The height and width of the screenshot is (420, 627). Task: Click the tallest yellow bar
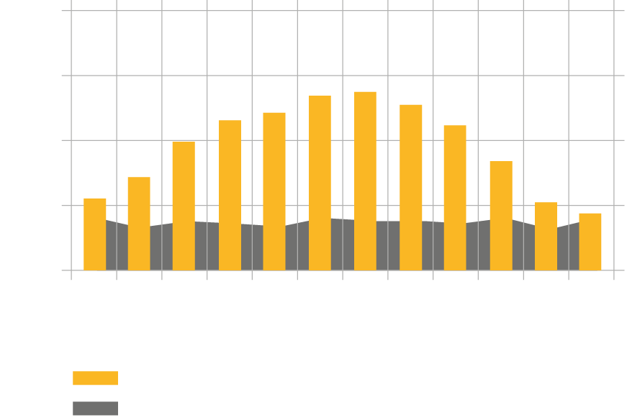365,180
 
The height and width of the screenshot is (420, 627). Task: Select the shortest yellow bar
590,241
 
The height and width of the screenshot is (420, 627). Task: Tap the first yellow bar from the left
95,234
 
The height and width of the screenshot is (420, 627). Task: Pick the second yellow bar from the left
139,223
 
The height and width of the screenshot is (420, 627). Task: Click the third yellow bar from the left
184,206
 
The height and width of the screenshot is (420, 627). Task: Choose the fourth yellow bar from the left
230,195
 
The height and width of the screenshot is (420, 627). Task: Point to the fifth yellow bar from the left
274,191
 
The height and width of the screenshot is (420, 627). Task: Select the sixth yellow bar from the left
320,183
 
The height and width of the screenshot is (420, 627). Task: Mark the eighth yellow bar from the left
411,187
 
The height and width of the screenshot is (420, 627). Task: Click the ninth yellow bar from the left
455,198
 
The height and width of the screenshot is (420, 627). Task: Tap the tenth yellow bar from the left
501,216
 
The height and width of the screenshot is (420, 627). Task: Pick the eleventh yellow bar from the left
546,236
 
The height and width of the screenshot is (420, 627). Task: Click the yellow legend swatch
95,378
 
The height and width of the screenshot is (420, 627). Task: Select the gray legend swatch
95,408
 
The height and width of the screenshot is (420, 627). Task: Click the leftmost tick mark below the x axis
71,276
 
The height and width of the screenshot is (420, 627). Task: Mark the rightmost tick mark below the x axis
614,276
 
